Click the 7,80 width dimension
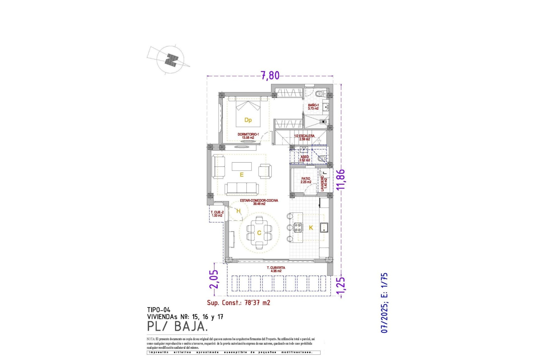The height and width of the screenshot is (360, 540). click(270, 75)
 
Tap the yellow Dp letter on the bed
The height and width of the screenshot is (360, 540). click(248, 120)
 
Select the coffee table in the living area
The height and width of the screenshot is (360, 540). click(242, 166)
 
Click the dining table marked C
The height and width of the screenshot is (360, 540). click(259, 233)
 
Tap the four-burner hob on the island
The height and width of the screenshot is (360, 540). click(298, 227)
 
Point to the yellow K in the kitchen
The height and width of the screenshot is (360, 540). click(311, 228)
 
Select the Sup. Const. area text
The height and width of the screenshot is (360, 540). click(238, 303)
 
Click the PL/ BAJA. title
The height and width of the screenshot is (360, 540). click(177, 327)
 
